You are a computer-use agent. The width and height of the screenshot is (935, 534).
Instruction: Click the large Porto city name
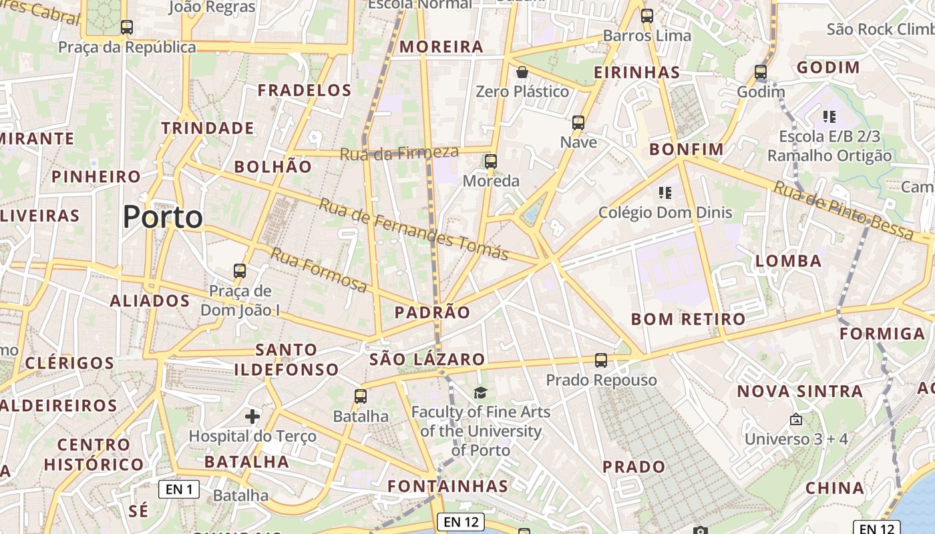(163, 218)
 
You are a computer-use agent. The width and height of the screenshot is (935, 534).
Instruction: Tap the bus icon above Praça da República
(126, 27)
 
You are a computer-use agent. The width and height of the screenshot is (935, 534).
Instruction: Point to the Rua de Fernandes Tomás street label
(413, 229)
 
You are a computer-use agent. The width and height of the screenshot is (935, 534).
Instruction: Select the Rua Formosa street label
(319, 270)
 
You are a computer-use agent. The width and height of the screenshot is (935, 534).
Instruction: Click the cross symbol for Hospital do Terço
(252, 417)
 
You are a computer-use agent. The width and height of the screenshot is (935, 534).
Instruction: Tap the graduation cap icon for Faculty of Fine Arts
(480, 392)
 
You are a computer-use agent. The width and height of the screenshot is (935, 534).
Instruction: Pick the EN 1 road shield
(179, 489)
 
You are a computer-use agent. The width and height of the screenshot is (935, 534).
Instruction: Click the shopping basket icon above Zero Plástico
(522, 72)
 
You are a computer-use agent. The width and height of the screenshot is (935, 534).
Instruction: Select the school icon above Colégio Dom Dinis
(665, 194)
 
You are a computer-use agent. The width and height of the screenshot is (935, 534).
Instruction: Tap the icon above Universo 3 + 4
(795, 420)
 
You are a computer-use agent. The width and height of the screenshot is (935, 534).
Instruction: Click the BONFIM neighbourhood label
(687, 149)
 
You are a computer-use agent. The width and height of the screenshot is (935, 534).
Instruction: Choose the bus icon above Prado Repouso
(601, 360)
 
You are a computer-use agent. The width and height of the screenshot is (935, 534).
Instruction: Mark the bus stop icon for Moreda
(491, 162)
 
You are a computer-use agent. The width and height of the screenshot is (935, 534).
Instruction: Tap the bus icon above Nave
(578, 123)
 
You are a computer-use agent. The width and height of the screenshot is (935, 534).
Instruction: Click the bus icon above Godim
(761, 72)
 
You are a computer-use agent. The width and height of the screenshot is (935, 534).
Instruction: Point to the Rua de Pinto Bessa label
(843, 210)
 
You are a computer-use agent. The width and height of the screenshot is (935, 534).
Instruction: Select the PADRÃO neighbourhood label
(432, 312)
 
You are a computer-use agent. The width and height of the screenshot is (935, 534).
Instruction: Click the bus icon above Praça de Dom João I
(240, 271)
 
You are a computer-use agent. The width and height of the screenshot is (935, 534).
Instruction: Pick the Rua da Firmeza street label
(399, 153)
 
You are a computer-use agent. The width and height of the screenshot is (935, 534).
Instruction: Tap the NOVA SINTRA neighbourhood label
(800, 391)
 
